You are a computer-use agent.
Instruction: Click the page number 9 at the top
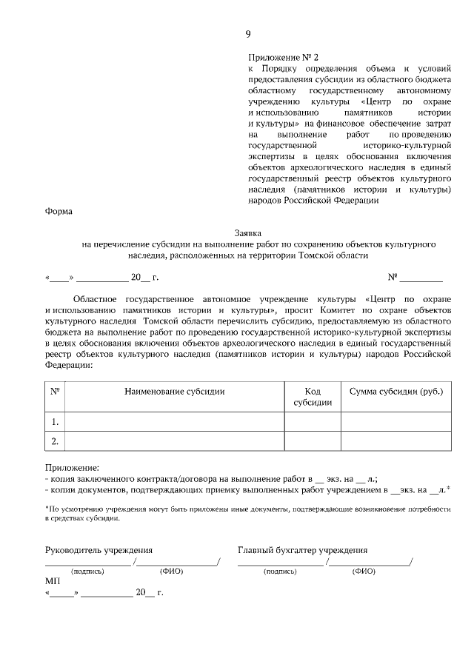[x=248, y=34]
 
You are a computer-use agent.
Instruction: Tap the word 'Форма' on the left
[x=59, y=212]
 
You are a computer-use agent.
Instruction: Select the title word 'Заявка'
[x=248, y=232]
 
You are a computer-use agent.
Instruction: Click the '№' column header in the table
[x=55, y=391]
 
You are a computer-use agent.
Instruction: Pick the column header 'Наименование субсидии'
[x=175, y=391]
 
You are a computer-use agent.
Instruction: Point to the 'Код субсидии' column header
[x=313, y=397]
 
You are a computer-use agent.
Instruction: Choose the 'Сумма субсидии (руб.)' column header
[x=395, y=391]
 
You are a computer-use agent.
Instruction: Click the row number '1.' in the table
[x=55, y=422]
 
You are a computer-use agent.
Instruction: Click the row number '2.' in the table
[x=55, y=442]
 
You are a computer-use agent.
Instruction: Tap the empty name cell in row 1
[x=175, y=422]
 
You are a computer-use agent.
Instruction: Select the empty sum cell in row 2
[x=395, y=442]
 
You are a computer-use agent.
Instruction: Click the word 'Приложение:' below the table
[x=71, y=468]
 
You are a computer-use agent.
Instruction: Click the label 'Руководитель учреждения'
[x=99, y=550]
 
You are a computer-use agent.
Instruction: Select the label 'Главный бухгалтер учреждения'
[x=303, y=550]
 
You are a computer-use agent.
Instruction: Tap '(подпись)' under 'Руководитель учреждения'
[x=87, y=572]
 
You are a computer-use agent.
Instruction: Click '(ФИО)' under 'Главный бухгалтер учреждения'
[x=364, y=572]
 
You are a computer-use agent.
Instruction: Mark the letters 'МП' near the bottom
[x=52, y=582]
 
